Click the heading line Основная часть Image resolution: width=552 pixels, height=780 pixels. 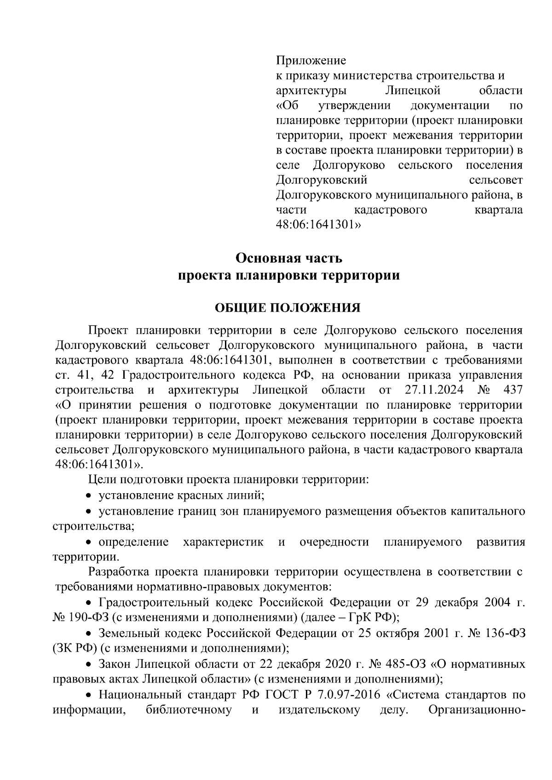(x=289, y=258)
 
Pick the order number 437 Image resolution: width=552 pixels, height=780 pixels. (x=513, y=390)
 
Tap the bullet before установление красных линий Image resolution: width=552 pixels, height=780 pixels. (x=90, y=496)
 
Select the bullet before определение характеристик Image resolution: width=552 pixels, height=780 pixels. (x=90, y=542)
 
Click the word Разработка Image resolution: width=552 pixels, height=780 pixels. (x=120, y=572)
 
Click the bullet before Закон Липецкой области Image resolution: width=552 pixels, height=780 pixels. (x=90, y=665)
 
